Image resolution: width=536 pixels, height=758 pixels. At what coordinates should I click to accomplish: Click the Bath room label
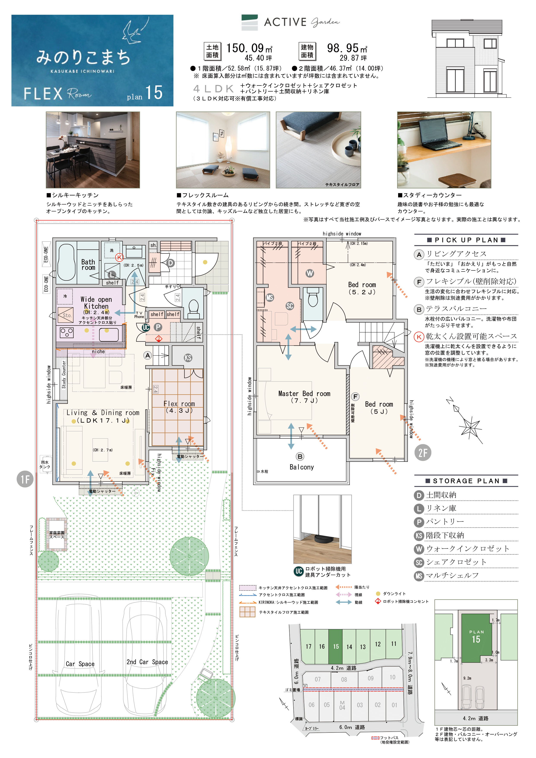tap(88, 264)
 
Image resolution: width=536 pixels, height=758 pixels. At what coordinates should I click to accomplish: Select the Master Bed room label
tap(304, 393)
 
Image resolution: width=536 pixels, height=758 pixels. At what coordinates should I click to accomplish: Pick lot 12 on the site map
tap(378, 644)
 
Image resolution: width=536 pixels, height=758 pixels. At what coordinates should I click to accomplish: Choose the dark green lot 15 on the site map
tap(335, 647)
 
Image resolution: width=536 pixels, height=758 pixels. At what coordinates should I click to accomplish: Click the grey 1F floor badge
tap(25, 479)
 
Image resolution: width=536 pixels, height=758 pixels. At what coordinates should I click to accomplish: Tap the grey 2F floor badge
tap(423, 453)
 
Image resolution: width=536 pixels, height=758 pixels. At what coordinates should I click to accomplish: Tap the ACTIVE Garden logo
tap(291, 22)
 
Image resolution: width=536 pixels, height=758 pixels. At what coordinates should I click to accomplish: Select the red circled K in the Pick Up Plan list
tap(419, 337)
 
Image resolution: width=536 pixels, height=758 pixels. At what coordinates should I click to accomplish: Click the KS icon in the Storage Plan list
tap(419, 535)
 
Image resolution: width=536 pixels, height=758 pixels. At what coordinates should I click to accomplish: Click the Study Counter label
tap(64, 374)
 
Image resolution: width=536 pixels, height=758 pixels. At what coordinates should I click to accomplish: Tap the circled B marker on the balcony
tap(300, 457)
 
